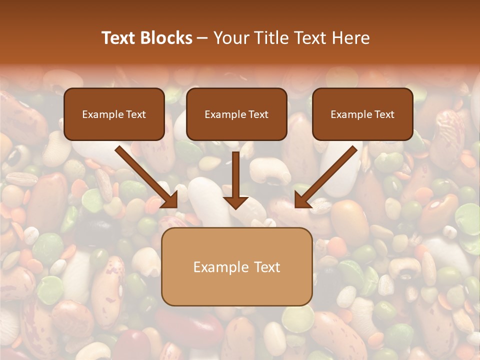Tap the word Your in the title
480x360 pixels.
(231, 38)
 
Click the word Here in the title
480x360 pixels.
(352, 38)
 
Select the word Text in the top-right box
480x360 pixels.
(384, 114)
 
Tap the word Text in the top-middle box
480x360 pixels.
(258, 114)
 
